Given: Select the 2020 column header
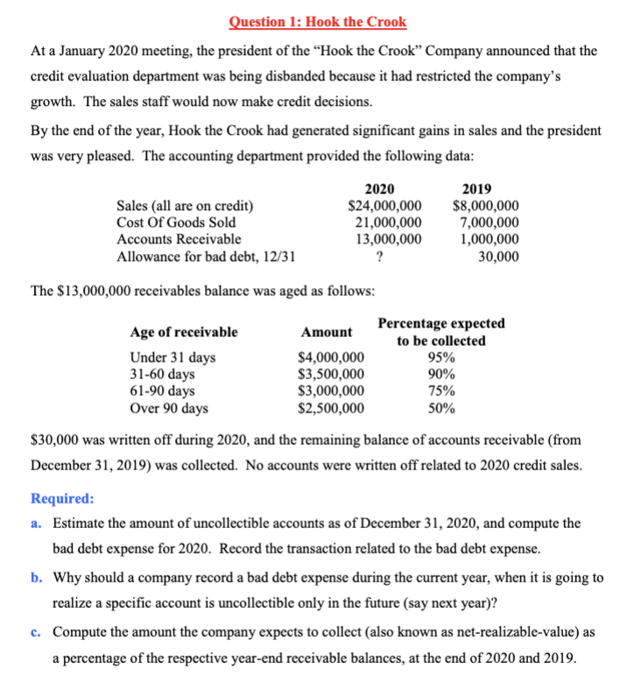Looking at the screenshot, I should click(378, 189).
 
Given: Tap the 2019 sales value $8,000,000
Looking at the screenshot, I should click(485, 206).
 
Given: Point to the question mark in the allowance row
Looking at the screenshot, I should click(378, 257).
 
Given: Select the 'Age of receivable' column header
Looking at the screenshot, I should click(184, 332).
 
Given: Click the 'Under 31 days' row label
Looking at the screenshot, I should click(173, 357).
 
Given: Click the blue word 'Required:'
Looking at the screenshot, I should click(62, 498).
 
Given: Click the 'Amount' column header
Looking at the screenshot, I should click(327, 332).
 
